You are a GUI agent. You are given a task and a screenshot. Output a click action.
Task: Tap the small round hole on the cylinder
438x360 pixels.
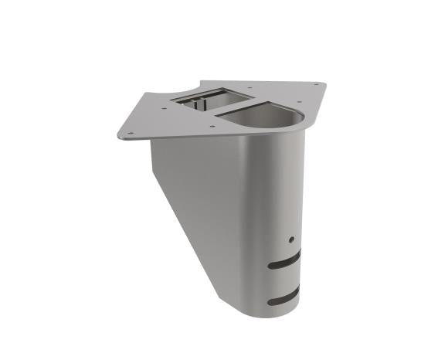[291, 239]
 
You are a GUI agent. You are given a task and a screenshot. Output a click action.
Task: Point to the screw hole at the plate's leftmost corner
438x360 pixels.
[129, 134]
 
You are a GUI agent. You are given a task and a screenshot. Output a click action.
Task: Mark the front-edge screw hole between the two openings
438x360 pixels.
[210, 123]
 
